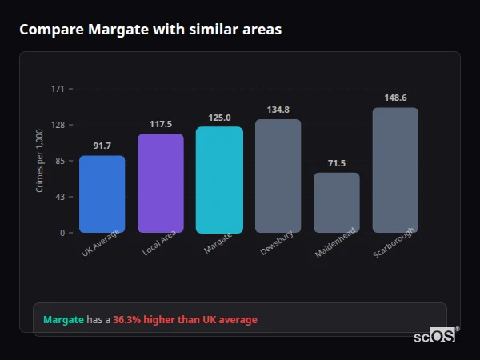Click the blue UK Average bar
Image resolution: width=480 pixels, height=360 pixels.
102,194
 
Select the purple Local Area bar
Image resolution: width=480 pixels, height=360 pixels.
161,183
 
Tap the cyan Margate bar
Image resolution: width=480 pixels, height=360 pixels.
219,180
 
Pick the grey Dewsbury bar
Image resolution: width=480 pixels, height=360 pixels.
278,176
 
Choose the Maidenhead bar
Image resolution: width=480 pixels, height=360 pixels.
337,203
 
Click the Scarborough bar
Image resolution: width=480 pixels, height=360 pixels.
395,170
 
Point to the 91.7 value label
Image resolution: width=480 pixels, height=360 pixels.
102,146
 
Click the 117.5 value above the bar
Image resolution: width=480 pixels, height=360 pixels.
161,124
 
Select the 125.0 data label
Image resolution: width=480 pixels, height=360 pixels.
219,118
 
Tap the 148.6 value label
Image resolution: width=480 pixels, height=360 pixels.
395,98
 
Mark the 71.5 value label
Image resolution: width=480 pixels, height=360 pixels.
337,163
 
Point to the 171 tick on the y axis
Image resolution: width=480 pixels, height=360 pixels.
58,89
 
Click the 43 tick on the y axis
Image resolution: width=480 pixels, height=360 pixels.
60,197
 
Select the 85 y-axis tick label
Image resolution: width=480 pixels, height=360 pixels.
60,161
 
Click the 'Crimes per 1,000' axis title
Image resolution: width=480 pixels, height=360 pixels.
40,161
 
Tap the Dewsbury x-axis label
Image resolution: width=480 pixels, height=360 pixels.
277,243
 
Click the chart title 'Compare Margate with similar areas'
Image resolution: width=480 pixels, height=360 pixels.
150,30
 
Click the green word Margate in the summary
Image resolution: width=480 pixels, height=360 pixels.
63,320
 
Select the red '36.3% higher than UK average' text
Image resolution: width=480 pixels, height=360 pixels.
185,320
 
